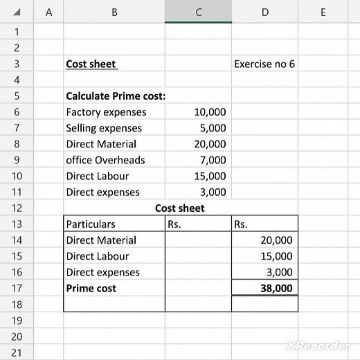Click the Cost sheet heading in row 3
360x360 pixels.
pyautogui.click(x=91, y=64)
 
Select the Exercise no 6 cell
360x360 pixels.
pyautogui.click(x=264, y=64)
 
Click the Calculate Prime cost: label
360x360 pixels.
pyautogui.click(x=115, y=96)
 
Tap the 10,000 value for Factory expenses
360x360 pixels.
pyautogui.click(x=210, y=112)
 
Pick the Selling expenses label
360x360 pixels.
pyautogui.click(x=104, y=128)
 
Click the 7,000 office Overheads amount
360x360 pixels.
pyautogui.click(x=213, y=160)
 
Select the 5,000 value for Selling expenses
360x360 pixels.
pyautogui.click(x=213, y=128)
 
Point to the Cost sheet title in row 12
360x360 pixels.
pyautogui.click(x=179, y=208)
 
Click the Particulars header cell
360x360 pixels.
pyautogui.click(x=91, y=224)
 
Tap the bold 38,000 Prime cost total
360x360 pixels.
pyautogui.click(x=276, y=289)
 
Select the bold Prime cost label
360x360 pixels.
pyautogui.click(x=91, y=289)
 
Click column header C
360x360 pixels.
pyautogui.click(x=198, y=11)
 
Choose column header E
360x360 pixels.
pyautogui.click(x=323, y=11)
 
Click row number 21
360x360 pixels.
pyautogui.click(x=17, y=353)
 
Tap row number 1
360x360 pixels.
pyautogui.click(x=17, y=32)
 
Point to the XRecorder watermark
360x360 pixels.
pyautogui.click(x=318, y=345)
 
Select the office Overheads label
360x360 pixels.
pyautogui.click(x=105, y=160)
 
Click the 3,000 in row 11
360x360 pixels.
pyautogui.click(x=213, y=192)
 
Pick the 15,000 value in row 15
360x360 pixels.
pyautogui.click(x=276, y=256)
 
